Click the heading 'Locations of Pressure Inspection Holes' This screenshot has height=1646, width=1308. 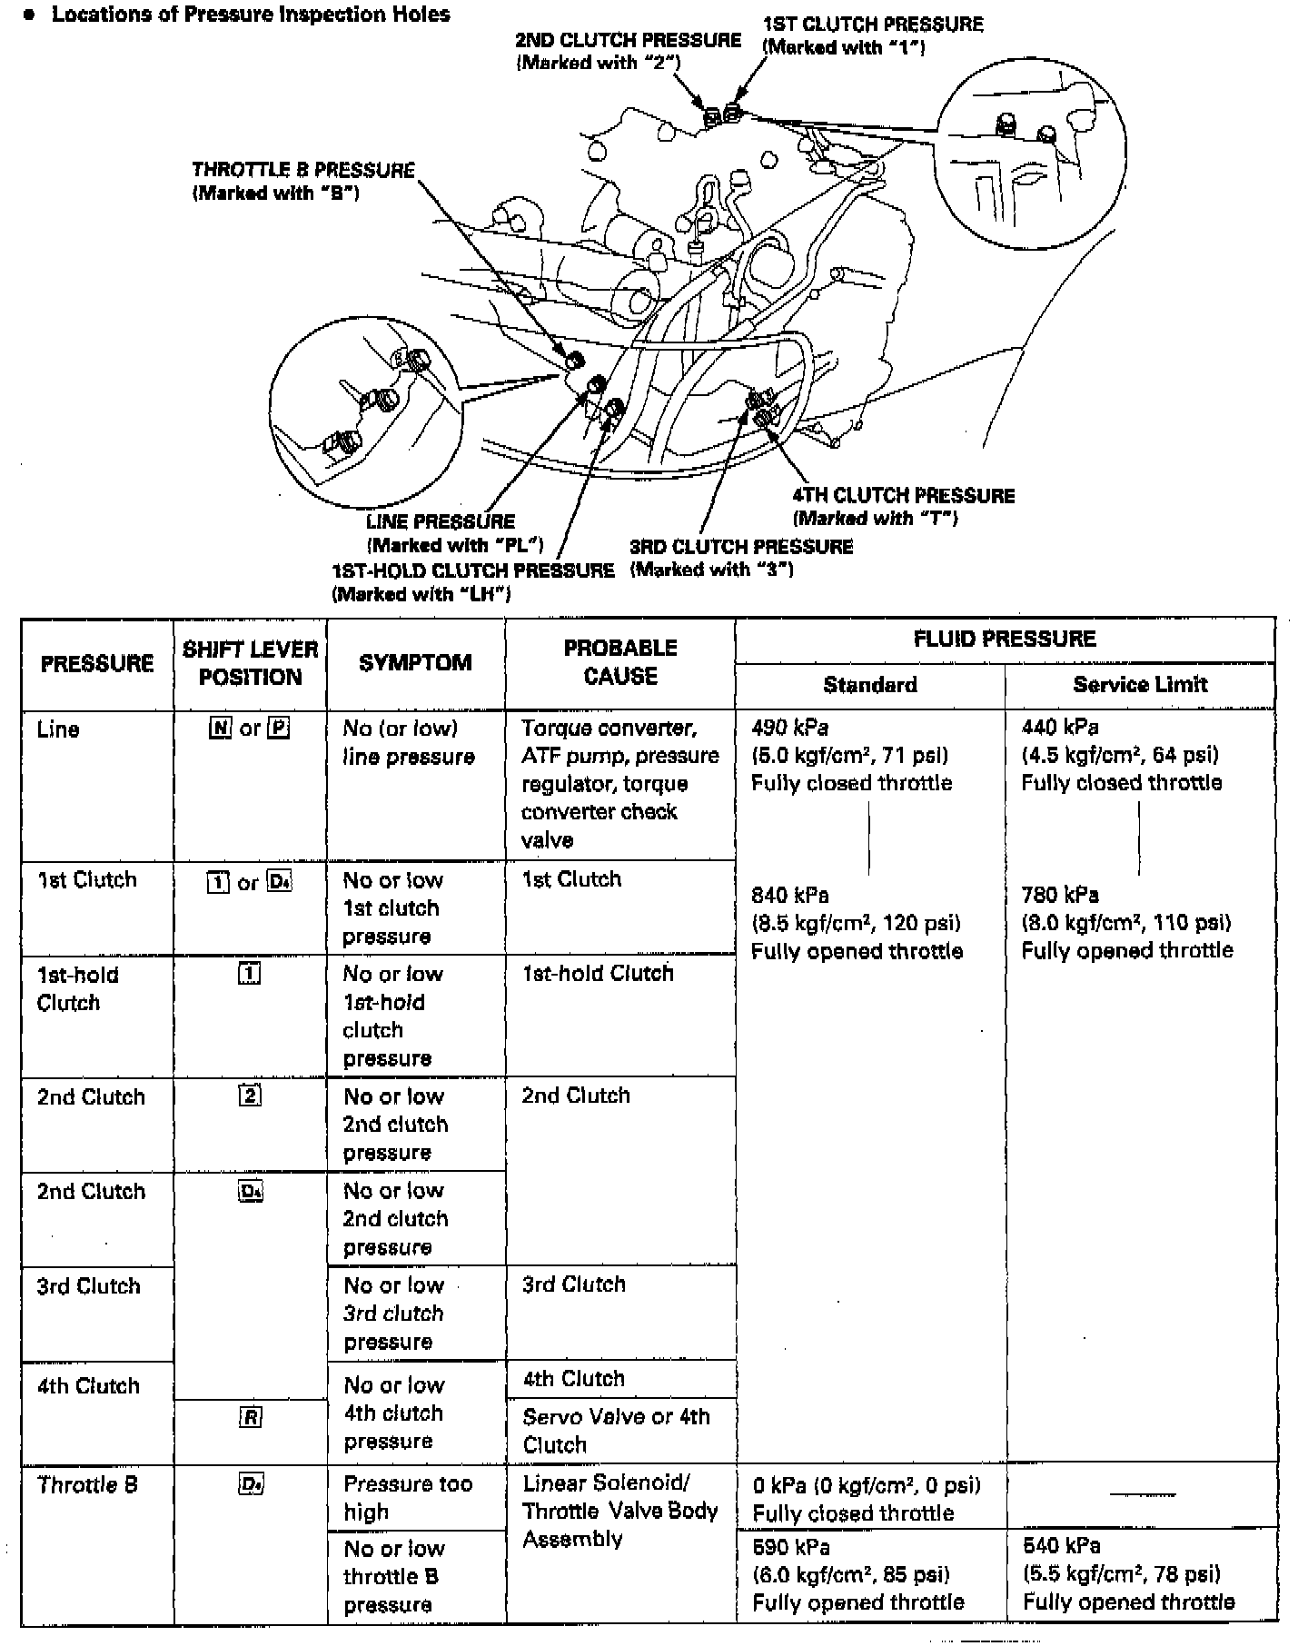click(x=251, y=15)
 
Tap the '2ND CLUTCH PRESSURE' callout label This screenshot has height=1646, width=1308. click(x=628, y=41)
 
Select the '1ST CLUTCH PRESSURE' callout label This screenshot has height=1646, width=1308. click(x=872, y=25)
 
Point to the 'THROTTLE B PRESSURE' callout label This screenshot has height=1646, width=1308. click(x=303, y=170)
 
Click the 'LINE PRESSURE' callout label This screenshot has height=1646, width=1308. click(x=441, y=521)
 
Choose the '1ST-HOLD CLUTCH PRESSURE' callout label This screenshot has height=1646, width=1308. click(x=473, y=570)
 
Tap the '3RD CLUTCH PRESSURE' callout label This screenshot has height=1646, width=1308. click(x=741, y=547)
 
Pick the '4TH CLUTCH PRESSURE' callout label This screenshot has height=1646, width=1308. click(x=903, y=495)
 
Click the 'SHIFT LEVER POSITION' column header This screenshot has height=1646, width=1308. click(x=250, y=663)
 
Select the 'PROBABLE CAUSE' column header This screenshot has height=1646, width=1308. click(x=620, y=661)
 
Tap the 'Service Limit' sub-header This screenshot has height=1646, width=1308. click(x=1140, y=685)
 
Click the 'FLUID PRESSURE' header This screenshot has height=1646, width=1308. click(x=1005, y=639)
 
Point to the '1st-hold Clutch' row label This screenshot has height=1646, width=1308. click(x=78, y=988)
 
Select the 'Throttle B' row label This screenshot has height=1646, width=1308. click(x=87, y=1485)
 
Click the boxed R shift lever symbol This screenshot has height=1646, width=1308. click(x=251, y=1417)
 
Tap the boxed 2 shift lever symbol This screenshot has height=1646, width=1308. click(x=250, y=1096)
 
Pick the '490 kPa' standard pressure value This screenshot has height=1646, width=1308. click(x=790, y=728)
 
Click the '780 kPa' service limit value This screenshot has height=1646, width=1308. click(x=1060, y=895)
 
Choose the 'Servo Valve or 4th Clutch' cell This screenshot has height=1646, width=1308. click(x=616, y=1430)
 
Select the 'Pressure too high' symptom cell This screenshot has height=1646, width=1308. click(x=408, y=1497)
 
